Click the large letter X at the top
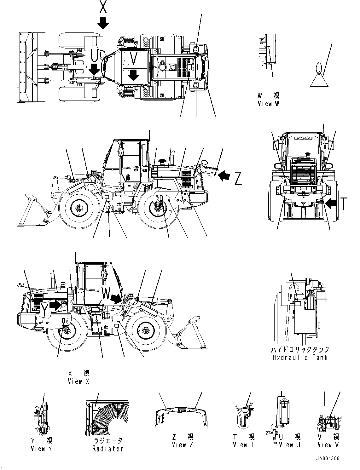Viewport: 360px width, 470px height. pos(103,7)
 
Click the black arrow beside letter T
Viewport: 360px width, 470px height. pos(331,204)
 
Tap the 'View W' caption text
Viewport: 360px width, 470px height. pos(268,103)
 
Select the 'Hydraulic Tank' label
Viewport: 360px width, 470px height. pos(300,358)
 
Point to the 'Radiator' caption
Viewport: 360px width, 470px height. pos(107,449)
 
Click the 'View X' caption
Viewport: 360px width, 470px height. pos(79,381)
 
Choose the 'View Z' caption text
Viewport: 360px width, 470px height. pos(183,445)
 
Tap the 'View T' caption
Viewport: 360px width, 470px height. pos(243,445)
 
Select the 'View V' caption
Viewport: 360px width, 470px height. pos(328,445)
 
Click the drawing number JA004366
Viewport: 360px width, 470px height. pos(328,459)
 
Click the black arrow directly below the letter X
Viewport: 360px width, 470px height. pos(103,23)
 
